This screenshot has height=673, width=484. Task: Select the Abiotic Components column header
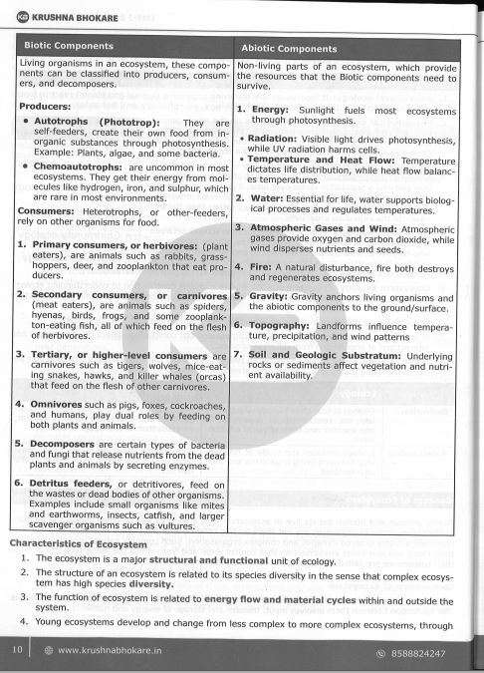(x=290, y=48)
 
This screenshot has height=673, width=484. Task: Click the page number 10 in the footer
(x=17, y=650)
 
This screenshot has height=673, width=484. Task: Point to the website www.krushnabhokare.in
(x=111, y=650)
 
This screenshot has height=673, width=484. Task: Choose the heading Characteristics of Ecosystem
(x=78, y=543)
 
